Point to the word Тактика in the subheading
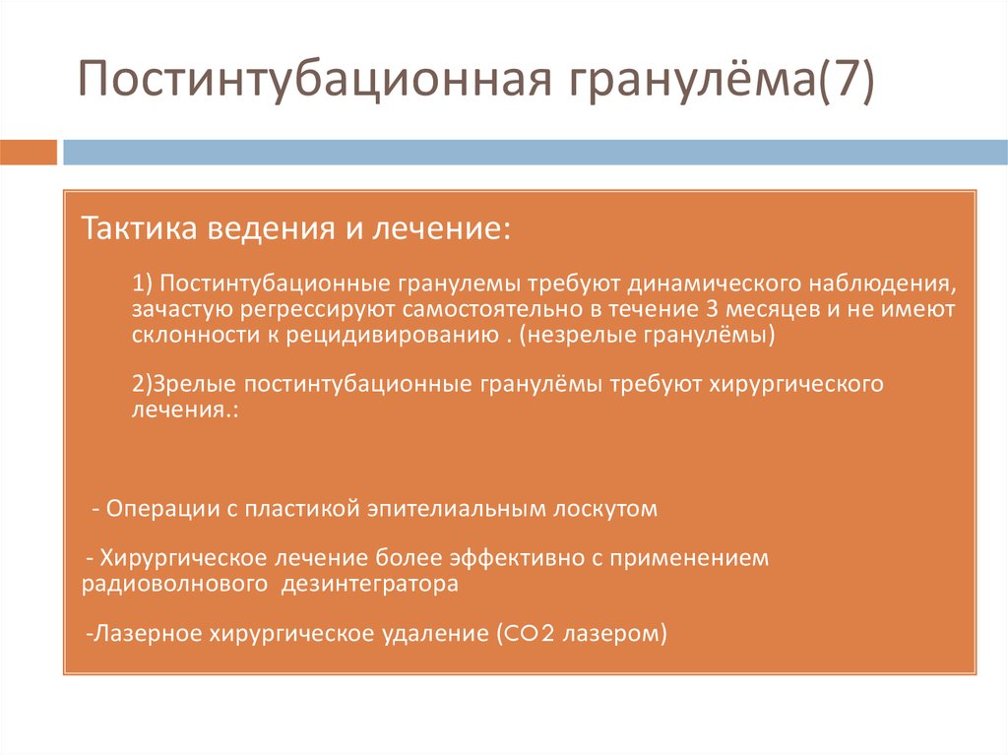(139, 229)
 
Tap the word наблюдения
(883, 284)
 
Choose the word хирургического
(795, 384)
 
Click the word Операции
(153, 510)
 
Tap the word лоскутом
(603, 510)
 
